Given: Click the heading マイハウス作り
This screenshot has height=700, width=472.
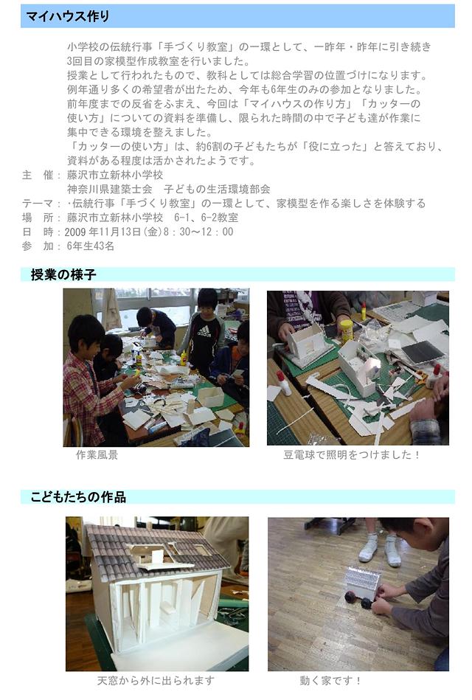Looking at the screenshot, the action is coord(67,16).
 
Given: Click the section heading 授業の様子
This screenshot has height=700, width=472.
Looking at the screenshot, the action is coord(63,274).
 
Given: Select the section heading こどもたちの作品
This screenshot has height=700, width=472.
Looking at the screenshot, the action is coord(78,496).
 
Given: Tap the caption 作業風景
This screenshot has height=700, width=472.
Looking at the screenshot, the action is coord(97,455).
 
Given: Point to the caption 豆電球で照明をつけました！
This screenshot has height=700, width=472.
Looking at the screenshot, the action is coord(352,455).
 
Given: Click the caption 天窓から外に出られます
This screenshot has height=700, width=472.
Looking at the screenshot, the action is coord(156,680).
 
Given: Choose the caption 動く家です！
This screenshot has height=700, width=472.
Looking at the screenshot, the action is coord(330,680).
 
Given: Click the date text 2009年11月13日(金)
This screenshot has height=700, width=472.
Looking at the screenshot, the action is coord(113,232).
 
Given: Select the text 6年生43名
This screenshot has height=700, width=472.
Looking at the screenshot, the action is coord(91,246).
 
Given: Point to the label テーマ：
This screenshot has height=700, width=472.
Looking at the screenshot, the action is coord(41,203).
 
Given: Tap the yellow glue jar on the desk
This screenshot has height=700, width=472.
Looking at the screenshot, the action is coord(346,330).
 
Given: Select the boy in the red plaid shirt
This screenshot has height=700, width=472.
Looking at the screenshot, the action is coord(92,379).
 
